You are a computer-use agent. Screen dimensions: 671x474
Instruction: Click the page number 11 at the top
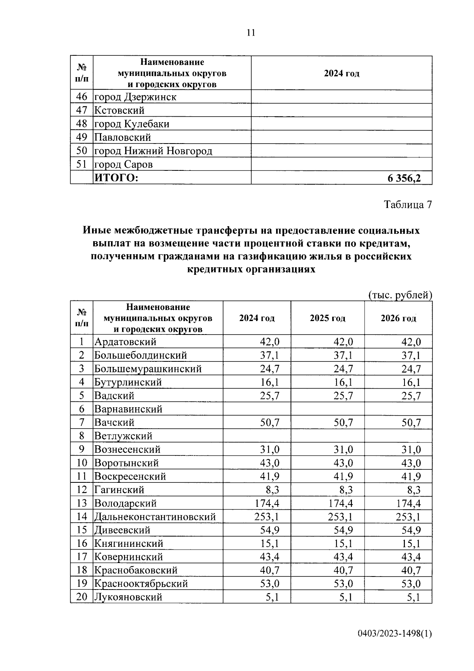(x=251, y=33)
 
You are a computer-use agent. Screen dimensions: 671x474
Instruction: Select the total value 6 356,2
(x=404, y=178)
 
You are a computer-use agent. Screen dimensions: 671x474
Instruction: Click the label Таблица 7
(x=408, y=205)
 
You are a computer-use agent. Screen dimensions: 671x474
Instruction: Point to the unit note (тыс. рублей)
(x=400, y=295)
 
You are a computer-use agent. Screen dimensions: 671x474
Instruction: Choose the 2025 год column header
(x=327, y=318)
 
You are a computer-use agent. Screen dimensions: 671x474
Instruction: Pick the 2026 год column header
(x=398, y=318)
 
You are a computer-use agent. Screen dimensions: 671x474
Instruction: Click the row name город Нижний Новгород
(x=153, y=151)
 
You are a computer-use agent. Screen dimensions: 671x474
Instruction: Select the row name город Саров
(x=123, y=164)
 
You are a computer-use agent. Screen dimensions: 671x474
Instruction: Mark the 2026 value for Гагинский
(x=414, y=490)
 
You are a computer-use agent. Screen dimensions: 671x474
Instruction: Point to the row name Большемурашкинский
(x=148, y=369)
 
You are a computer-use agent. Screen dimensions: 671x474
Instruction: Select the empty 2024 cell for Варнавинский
(x=257, y=409)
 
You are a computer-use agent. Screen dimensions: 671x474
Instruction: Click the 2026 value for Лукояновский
(x=414, y=597)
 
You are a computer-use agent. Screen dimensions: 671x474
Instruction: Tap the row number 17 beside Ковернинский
(x=82, y=557)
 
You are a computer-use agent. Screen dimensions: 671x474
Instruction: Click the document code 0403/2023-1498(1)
(x=395, y=634)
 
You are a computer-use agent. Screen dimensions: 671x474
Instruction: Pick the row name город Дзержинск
(x=135, y=97)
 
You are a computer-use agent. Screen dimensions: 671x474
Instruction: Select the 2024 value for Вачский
(x=269, y=423)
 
